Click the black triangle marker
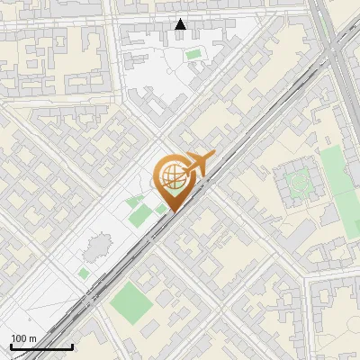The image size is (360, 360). pos(181,24)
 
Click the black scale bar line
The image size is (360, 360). pos(41,346)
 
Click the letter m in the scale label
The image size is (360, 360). pos(33,338)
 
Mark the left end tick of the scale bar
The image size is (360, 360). pos(11,345)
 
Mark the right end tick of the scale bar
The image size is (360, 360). pos(72,345)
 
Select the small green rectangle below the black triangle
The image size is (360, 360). pos(193,55)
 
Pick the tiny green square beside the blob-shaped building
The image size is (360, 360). pos(84,272)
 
